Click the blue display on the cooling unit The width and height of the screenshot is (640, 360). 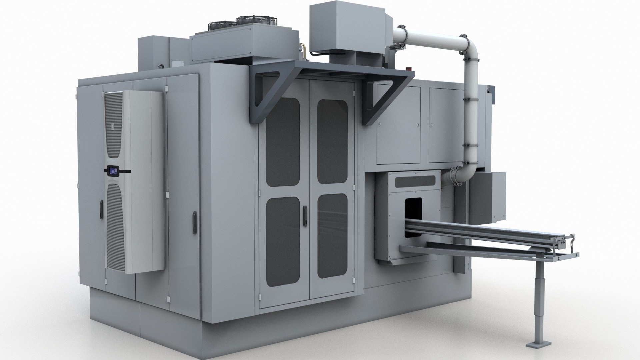[x=113, y=171]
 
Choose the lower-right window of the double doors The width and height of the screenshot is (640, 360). [x=332, y=236]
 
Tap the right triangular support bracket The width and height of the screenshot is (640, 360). [x=387, y=100]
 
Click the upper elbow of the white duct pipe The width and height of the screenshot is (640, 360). [x=470, y=45]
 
